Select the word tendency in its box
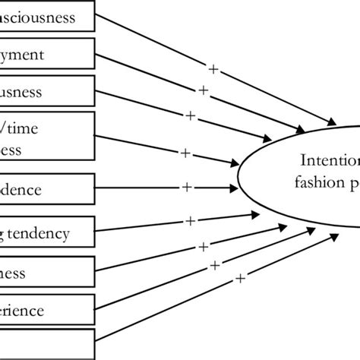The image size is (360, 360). pos(57,232)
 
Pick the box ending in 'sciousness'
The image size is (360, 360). pos(49,17)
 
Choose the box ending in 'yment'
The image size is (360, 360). pos(49,55)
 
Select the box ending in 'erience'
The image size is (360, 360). pos(49,310)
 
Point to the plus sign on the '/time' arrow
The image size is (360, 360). pos(185,153)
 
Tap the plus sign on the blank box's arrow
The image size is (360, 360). pos(240,279)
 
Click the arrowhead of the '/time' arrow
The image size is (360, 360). pos(231,163)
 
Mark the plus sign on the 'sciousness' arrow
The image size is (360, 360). pos(213,70)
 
